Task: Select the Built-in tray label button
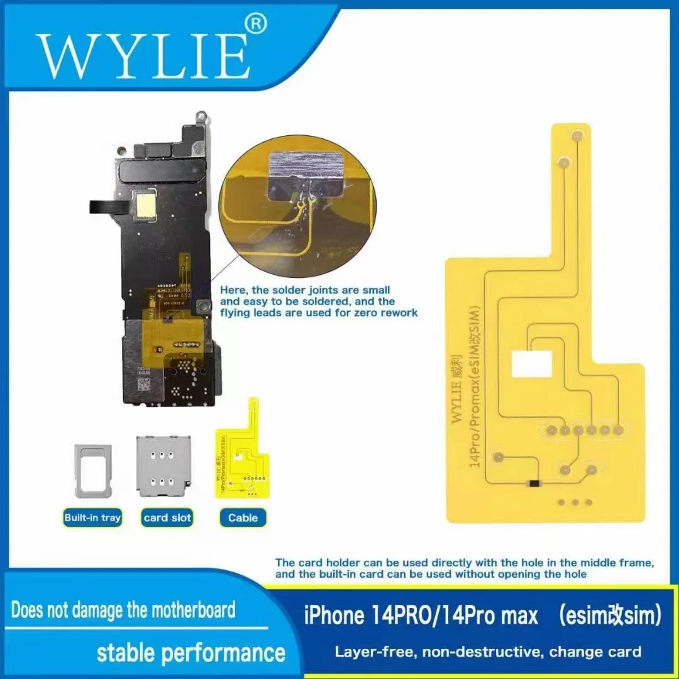(92, 518)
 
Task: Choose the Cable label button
(243, 518)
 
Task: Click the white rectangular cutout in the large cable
(532, 364)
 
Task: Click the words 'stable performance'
(190, 653)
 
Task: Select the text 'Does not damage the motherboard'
(123, 609)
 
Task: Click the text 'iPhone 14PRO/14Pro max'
(421, 616)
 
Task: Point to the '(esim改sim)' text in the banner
(609, 616)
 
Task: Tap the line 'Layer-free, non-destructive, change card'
(488, 651)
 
